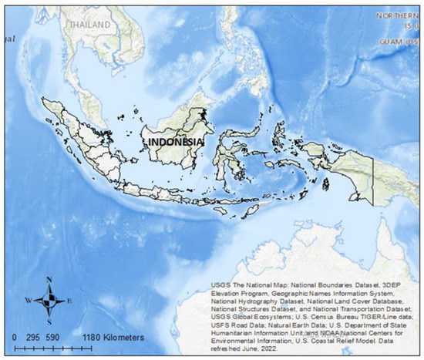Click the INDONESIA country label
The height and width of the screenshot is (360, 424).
(x=176, y=143)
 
